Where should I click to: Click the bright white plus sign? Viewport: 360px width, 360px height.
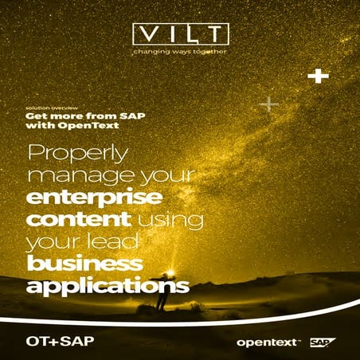coord(319,76)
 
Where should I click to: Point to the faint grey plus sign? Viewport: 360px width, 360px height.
coord(269,104)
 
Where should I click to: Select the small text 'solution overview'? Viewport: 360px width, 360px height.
coord(49,106)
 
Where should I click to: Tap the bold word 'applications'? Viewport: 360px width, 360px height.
coord(108,285)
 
